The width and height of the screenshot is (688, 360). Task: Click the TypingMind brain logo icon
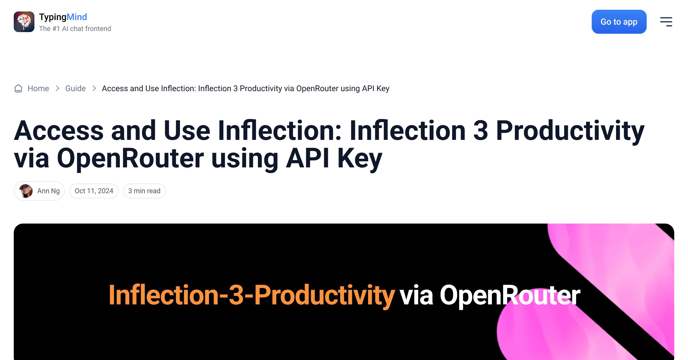24,22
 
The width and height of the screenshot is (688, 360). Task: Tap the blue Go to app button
619,22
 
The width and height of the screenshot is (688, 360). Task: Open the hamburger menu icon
666,22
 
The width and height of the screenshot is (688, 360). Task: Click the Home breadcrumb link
38,88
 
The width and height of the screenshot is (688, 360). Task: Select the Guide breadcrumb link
75,88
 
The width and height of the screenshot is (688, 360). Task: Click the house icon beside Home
18,89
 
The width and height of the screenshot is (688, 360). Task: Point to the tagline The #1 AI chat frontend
75,29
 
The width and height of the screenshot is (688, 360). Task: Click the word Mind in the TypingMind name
77,17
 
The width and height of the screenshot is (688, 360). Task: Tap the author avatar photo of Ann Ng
26,191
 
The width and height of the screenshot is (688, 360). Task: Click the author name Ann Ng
48,191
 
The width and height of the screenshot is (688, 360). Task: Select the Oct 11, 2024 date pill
94,191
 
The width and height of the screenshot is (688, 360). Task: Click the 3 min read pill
144,191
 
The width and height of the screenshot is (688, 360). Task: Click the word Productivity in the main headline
570,132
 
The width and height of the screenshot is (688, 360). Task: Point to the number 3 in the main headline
480,131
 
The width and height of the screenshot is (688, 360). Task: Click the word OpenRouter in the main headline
130,158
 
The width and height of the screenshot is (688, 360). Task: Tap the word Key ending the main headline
360,159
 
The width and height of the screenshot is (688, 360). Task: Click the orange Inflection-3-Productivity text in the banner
252,295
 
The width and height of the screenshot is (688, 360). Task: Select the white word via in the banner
416,295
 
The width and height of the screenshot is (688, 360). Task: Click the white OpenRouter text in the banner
510,295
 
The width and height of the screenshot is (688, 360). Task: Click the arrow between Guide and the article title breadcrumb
94,88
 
